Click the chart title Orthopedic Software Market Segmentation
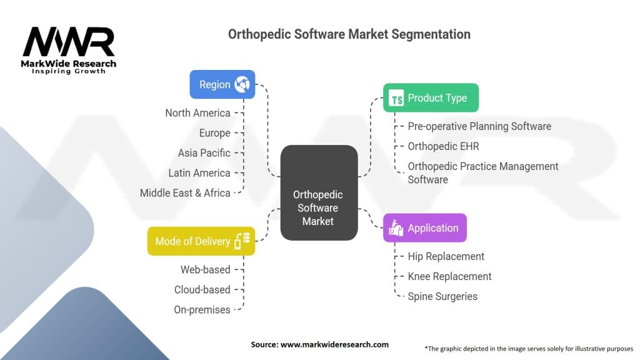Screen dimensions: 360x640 (x=349, y=34)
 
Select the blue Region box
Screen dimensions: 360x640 (x=222, y=84)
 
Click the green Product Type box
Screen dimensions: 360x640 (x=431, y=98)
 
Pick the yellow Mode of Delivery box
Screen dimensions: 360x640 (x=201, y=241)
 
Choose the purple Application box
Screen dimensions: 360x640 (x=424, y=228)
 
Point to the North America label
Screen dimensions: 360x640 (x=197, y=113)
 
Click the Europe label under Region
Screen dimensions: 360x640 (x=214, y=133)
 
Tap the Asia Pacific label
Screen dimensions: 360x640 (x=204, y=153)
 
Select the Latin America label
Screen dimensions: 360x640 (x=199, y=173)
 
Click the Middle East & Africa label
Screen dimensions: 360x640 (x=185, y=193)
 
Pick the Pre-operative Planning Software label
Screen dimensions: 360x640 (x=479, y=126)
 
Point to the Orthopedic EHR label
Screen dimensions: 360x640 (x=443, y=146)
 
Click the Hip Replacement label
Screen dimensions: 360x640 (x=446, y=256)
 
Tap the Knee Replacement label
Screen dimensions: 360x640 (x=449, y=276)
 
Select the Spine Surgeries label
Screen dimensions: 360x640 (x=442, y=296)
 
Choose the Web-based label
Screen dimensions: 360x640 (x=206, y=269)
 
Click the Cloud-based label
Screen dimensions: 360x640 (x=202, y=289)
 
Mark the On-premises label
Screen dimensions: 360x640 (x=202, y=309)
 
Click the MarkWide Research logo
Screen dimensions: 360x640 (x=69, y=51)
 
